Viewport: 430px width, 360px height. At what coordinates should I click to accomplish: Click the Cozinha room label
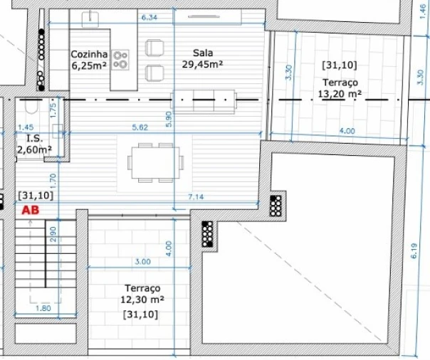(x=89, y=59)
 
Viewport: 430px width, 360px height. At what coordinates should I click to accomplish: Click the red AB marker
(x=31, y=210)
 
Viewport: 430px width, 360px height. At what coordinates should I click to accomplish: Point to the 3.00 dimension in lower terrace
(x=143, y=261)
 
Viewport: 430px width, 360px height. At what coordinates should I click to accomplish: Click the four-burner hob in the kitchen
(x=120, y=59)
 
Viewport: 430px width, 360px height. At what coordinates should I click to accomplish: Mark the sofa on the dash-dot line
(x=203, y=101)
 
